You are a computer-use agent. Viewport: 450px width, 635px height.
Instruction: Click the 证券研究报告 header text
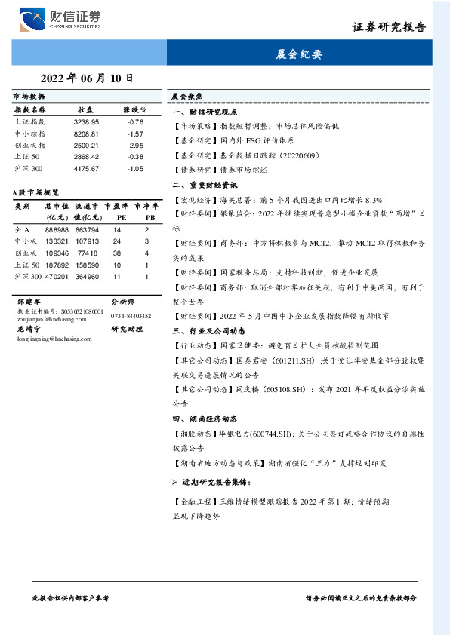pyautogui.click(x=389, y=27)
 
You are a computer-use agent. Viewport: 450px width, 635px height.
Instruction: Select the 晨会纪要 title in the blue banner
pyautogui.click(x=300, y=54)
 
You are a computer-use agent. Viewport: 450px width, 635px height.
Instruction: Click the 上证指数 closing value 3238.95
pyautogui.click(x=86, y=121)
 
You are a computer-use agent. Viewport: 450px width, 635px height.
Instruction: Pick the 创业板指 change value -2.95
pyautogui.click(x=134, y=145)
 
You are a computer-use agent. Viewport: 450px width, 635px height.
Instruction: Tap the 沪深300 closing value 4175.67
pyautogui.click(x=86, y=168)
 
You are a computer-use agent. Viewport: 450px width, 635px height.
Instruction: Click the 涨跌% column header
pyautogui.click(x=134, y=110)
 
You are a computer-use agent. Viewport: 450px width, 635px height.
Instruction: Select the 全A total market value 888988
pyautogui.click(x=57, y=230)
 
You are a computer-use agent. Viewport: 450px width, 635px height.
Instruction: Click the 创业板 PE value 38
pyautogui.click(x=117, y=253)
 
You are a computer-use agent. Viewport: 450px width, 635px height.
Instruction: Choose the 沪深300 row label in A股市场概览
pyautogui.click(x=28, y=277)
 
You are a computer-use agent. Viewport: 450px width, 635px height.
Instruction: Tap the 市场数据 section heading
pyautogui.click(x=29, y=97)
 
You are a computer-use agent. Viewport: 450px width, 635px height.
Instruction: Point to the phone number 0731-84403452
pyautogui.click(x=131, y=316)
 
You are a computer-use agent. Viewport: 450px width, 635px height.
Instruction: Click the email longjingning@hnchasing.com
pyautogui.click(x=47, y=339)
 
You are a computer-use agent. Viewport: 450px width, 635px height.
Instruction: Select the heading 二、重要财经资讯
pyautogui.click(x=205, y=184)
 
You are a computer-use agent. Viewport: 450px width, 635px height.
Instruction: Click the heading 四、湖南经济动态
pyautogui.click(x=205, y=418)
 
